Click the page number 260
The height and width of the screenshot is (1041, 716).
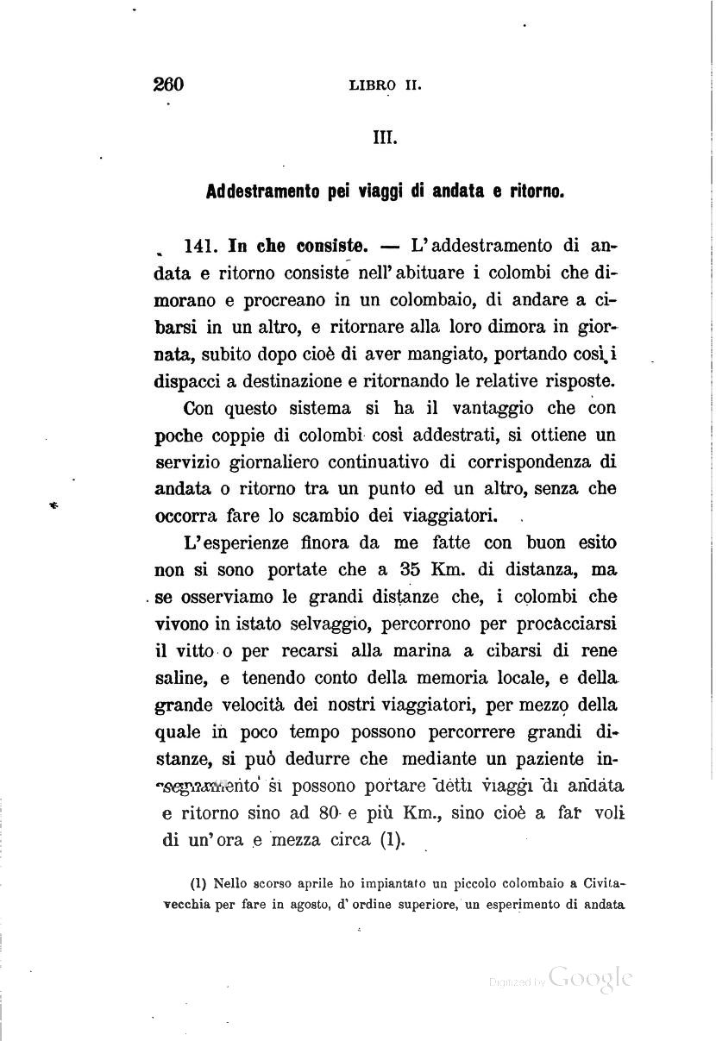(x=169, y=85)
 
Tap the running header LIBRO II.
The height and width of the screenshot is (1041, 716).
(x=385, y=85)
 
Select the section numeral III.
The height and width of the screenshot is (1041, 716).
(x=384, y=137)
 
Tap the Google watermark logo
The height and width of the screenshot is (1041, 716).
(x=591, y=977)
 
